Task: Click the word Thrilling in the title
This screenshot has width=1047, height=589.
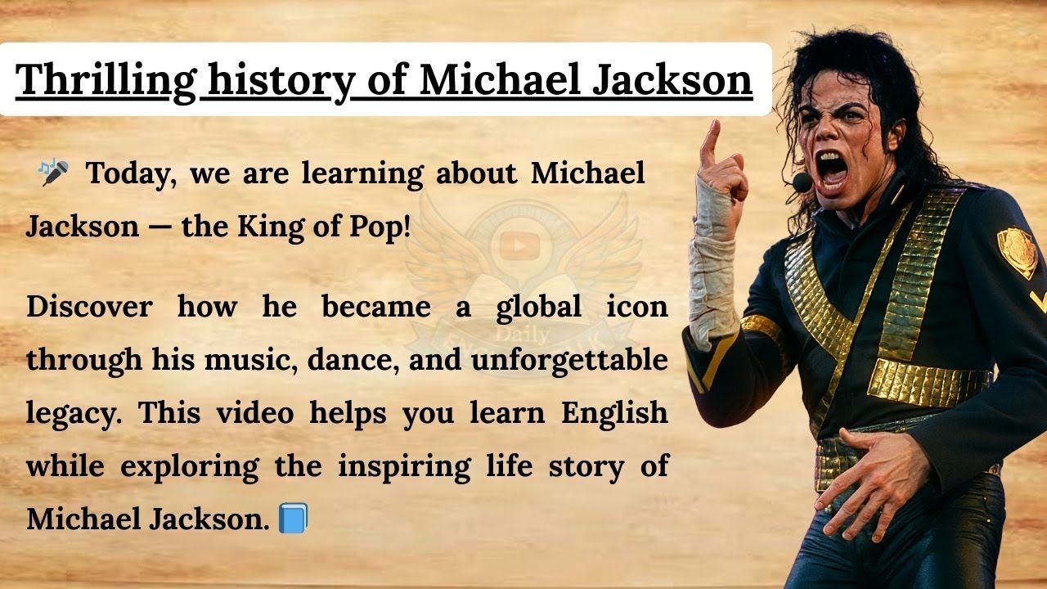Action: tap(106, 80)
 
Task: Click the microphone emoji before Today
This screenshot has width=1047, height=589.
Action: tap(54, 172)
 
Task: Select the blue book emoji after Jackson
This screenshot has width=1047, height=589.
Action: tap(292, 519)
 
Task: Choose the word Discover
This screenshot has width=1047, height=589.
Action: tap(89, 307)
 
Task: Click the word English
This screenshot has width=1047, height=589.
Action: tap(614, 413)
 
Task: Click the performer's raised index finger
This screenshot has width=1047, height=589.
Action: tap(710, 139)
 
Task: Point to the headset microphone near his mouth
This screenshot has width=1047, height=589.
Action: tap(802, 182)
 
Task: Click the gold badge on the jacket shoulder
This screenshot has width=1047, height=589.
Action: tap(1016, 251)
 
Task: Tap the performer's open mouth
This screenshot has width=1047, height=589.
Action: tap(833, 168)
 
